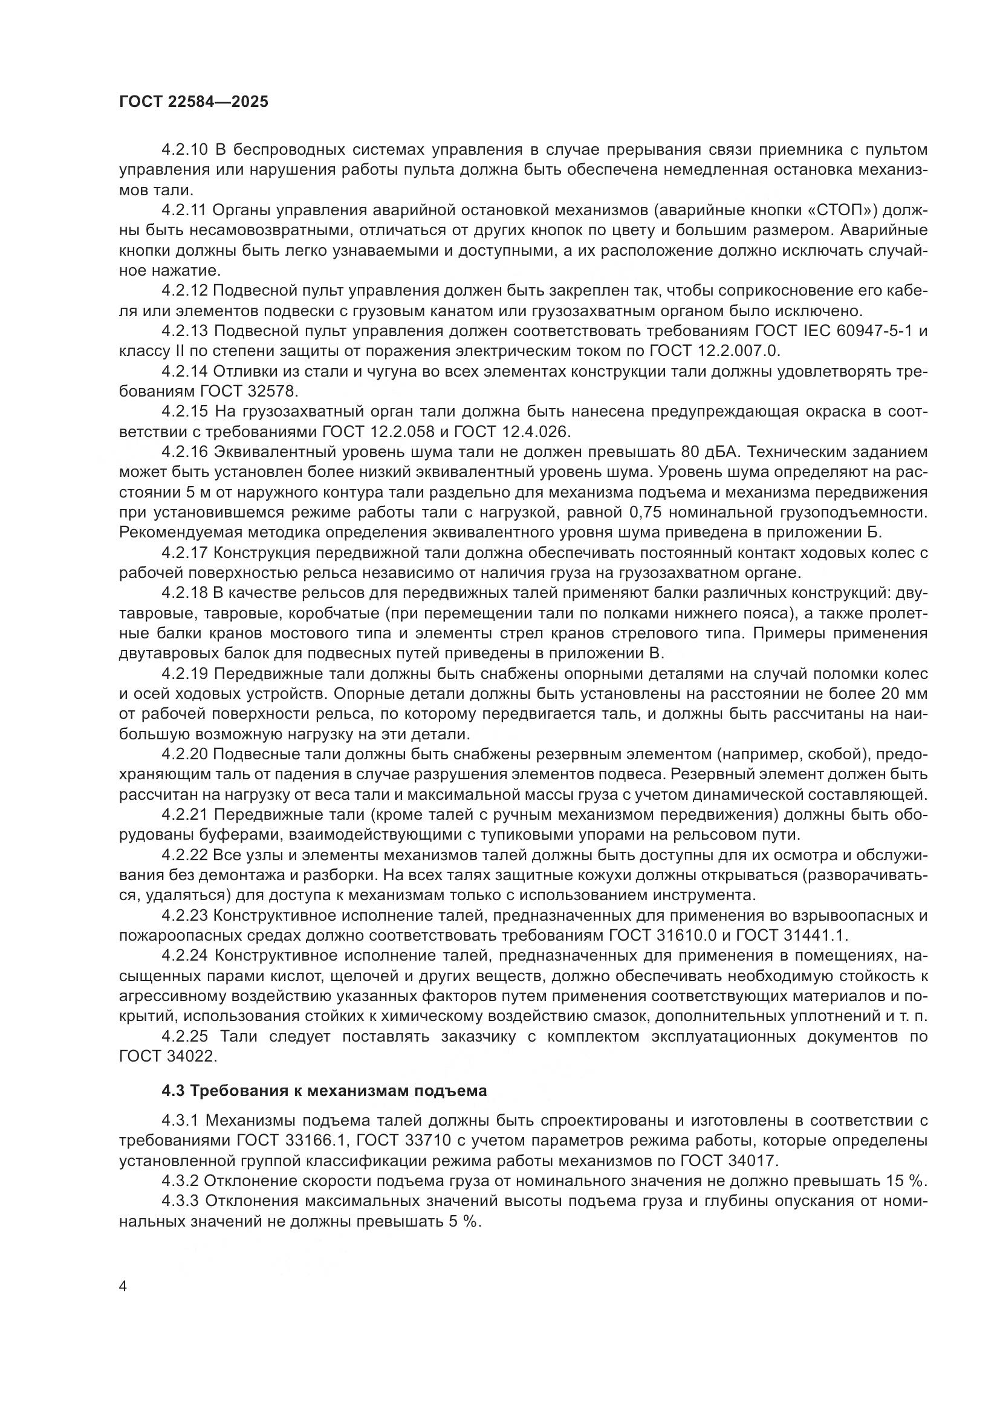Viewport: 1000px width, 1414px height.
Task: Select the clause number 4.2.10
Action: (186, 150)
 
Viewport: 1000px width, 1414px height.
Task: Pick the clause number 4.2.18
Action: (186, 593)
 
